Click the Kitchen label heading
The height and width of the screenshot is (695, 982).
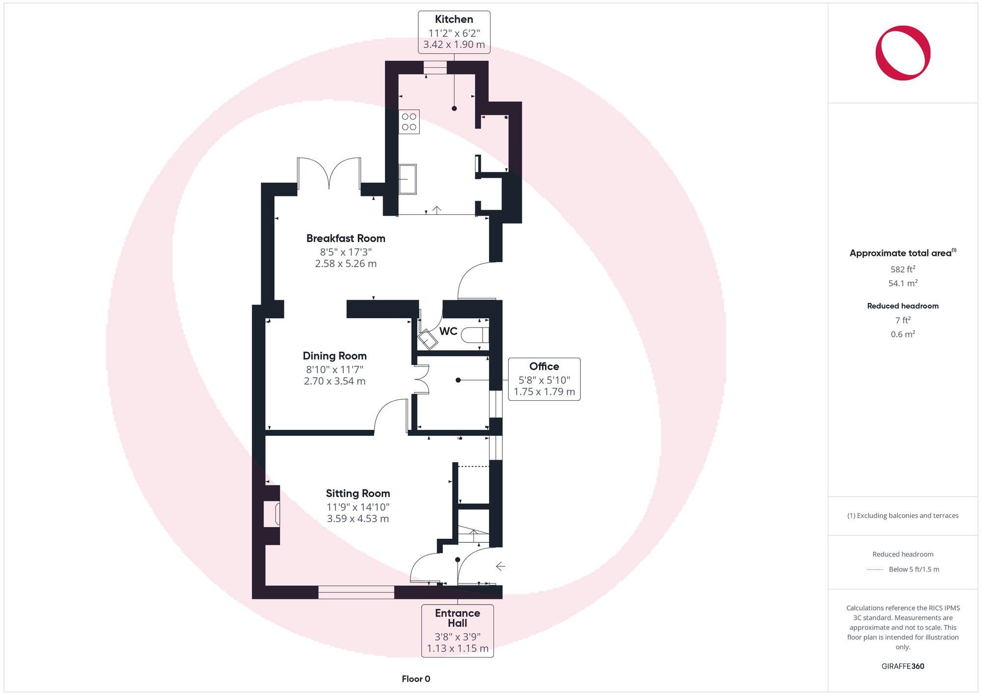tap(454, 19)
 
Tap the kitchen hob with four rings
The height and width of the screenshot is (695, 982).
tap(409, 122)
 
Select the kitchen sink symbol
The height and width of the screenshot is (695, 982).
tap(408, 179)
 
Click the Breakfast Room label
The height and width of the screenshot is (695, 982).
tap(346, 238)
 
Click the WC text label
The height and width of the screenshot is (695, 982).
tap(448, 331)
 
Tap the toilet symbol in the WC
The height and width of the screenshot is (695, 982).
tap(475, 334)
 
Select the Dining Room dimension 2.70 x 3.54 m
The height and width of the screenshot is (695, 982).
tap(334, 381)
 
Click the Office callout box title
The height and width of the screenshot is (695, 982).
tap(544, 366)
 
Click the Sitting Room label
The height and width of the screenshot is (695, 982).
tap(357, 493)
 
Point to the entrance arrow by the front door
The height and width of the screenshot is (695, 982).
tap(500, 566)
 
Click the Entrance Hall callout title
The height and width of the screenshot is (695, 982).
tap(457, 618)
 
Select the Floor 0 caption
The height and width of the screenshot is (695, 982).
tap(416, 679)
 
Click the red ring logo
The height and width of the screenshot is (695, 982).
tap(902, 53)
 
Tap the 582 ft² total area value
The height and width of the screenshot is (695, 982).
tap(902, 269)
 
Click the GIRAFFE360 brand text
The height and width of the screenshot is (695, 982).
tap(902, 666)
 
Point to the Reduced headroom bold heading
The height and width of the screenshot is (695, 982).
tap(902, 306)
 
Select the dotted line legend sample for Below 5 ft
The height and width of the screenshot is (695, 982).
tap(875, 570)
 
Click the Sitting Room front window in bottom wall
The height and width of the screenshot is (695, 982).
tap(356, 592)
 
